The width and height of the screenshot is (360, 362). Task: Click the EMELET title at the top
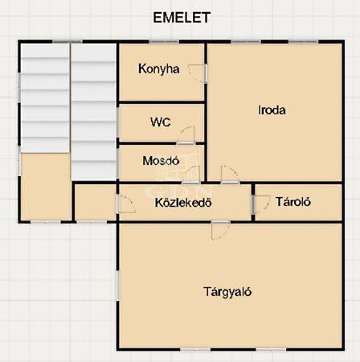click(x=182, y=18)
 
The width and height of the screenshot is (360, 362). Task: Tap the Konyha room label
click(x=159, y=69)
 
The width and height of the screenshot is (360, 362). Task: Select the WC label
click(x=161, y=122)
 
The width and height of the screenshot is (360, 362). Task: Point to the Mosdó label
click(x=161, y=161)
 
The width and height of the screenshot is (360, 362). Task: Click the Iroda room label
click(x=272, y=110)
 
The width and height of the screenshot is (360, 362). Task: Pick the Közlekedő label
click(x=183, y=203)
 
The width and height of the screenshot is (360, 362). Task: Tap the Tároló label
click(x=293, y=202)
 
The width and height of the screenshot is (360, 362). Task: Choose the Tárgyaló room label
click(x=227, y=292)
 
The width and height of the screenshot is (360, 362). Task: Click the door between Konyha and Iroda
click(x=198, y=73)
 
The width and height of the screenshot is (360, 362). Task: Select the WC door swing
click(x=186, y=135)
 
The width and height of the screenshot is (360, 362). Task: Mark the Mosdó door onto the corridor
click(x=191, y=175)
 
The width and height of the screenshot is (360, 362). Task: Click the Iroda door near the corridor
click(x=230, y=175)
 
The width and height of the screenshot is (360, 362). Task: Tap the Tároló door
click(x=261, y=204)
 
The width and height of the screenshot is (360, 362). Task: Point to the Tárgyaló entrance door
click(x=220, y=230)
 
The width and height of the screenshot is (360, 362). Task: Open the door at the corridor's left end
click(x=126, y=204)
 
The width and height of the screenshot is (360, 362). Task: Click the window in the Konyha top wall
click(x=164, y=42)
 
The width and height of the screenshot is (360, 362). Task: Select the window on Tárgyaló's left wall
click(x=117, y=286)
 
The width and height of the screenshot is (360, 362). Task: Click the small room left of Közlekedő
click(x=96, y=202)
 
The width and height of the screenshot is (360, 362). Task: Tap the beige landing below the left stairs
click(x=46, y=187)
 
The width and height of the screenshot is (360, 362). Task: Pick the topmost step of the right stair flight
click(x=94, y=52)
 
